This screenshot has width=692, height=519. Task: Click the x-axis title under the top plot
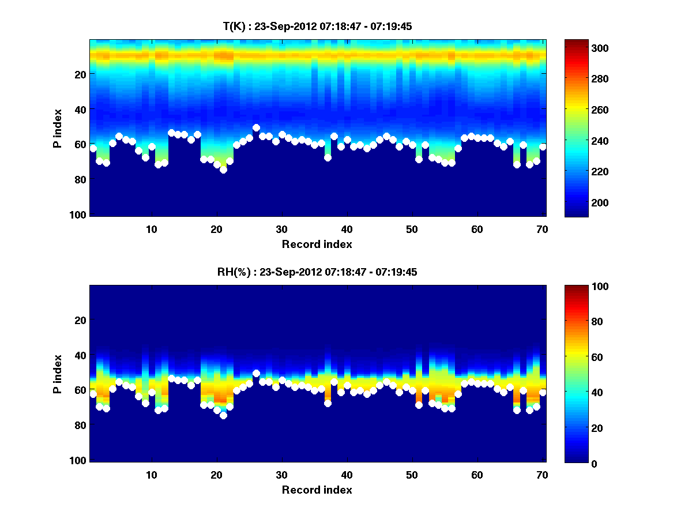[x=317, y=244]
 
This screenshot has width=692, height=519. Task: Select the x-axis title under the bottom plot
[x=317, y=490]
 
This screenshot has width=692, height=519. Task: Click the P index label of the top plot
[x=58, y=127]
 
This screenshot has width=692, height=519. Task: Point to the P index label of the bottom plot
[x=58, y=373]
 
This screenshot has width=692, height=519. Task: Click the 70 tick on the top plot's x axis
[x=543, y=229]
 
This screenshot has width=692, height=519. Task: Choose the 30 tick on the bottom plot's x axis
[x=281, y=475]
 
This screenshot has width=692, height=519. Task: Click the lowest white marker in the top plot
[x=223, y=170]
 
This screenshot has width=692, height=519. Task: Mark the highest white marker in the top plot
[x=256, y=127]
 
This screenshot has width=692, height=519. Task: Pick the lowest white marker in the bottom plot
[x=223, y=415]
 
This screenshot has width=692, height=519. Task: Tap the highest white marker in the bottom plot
[x=256, y=373]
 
